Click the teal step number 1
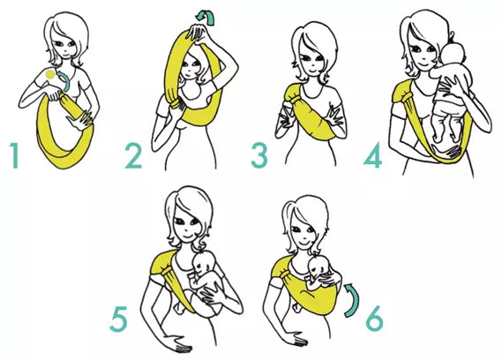coord(14,155)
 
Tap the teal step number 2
coord(133,156)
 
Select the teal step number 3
coord(259,155)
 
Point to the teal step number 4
coord(373,155)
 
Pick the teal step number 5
coord(118,319)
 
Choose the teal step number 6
coord(375,319)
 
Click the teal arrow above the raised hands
coord(206,17)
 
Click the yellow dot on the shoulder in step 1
coord(50,75)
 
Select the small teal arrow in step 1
coord(65,81)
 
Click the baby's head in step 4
coord(453,56)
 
